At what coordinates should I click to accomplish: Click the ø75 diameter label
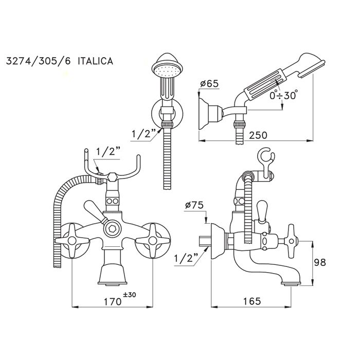pos(194,205)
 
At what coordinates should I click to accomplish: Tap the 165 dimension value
pos(250,300)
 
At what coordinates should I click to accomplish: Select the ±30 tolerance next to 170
pos(131,295)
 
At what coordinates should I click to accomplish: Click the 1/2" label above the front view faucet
pos(109,152)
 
